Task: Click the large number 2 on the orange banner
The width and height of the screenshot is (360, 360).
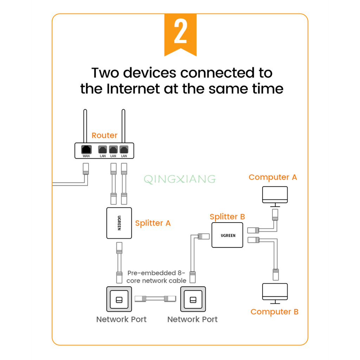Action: pos(180,34)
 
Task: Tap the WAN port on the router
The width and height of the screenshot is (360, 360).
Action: pos(86,149)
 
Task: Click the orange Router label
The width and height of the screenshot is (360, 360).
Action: pos(104,135)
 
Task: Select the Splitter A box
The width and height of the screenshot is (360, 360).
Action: pos(119,223)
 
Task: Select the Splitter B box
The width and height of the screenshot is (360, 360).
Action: pos(227,235)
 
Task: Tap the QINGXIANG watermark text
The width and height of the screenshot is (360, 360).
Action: pos(180,179)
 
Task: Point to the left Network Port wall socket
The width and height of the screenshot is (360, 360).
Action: pos(119,299)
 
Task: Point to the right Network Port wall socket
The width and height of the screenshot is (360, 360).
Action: pos(193,299)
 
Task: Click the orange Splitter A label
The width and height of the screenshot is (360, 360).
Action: pos(153,223)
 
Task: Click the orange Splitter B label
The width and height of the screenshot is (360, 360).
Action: pos(227,217)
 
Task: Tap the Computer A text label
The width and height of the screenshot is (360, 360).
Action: pos(273,177)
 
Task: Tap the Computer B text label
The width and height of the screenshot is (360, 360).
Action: pos(274,312)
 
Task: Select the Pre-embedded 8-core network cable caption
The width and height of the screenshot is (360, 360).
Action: pos(156,277)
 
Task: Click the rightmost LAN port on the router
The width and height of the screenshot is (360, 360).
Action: pos(124,149)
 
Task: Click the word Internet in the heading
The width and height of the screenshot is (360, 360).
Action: pos(138,88)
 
